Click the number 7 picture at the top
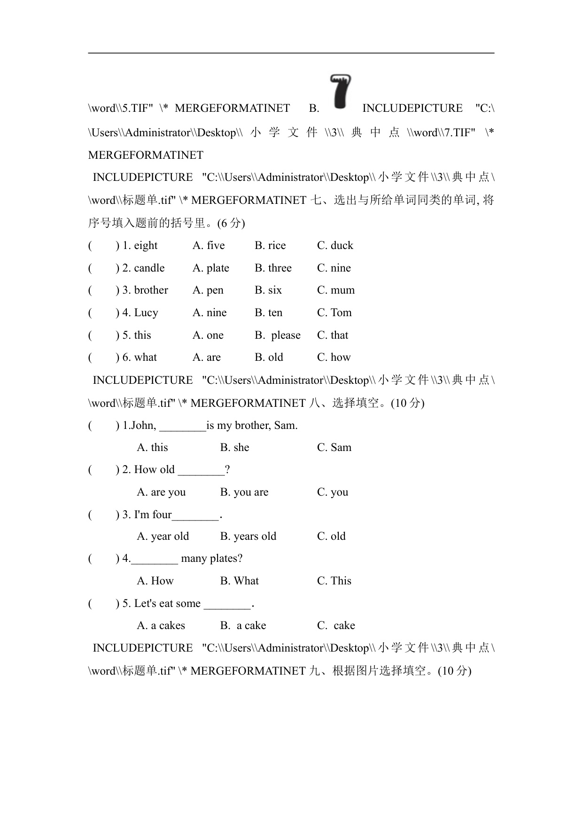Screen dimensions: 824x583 click(341, 91)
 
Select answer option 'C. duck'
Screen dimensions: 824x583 click(335, 246)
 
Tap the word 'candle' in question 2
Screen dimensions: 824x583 click(149, 268)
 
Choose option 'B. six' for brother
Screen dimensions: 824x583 click(268, 290)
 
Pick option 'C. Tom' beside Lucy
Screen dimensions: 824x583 click(334, 313)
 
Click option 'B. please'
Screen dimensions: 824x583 click(277, 335)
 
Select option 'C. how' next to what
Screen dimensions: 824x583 click(334, 358)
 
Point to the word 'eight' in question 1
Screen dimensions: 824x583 click(146, 246)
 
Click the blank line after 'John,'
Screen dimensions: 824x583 click(183, 427)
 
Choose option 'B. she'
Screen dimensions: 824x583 click(234, 448)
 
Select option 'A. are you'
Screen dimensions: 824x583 click(161, 492)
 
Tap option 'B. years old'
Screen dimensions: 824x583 click(248, 536)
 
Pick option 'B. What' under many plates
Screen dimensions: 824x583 click(239, 581)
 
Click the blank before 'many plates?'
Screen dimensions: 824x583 click(155, 560)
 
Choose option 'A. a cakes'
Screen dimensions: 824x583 click(161, 626)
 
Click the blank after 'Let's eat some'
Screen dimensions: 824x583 click(227, 605)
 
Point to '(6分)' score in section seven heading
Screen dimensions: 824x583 click(231, 223)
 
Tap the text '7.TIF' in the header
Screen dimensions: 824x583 click(458, 133)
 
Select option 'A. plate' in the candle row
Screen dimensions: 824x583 click(211, 268)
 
